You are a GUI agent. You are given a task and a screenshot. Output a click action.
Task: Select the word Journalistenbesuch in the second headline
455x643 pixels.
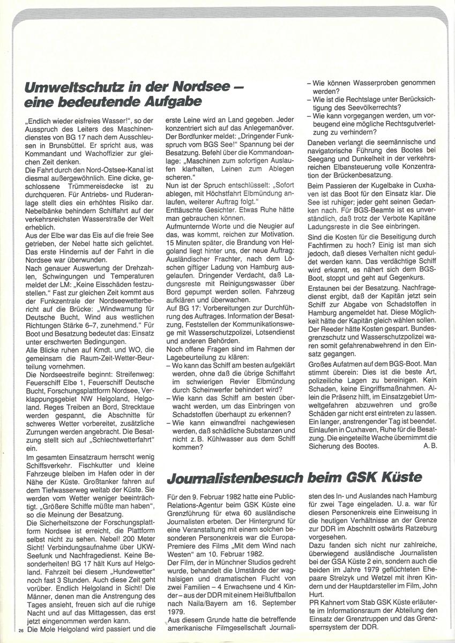point(235,476)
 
